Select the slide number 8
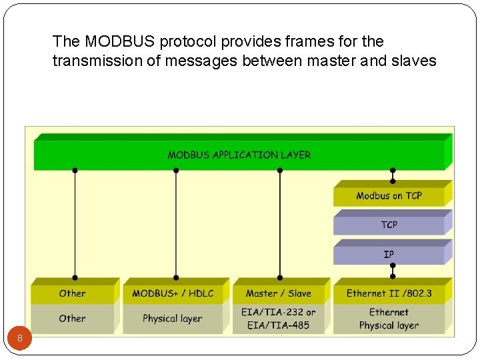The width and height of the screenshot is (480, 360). coord(20,339)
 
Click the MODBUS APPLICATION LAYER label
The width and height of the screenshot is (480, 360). coord(239,155)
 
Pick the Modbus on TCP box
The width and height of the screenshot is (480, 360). coord(389,196)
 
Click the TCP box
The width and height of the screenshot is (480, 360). coord(389,225)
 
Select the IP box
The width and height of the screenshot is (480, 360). coord(389,254)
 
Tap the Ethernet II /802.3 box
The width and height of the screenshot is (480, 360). coord(389,293)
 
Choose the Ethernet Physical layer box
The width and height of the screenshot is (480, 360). coord(389,319)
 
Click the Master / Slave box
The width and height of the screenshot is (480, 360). coord(278,293)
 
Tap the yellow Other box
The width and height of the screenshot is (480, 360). coord(72,293)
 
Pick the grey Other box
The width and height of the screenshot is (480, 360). coord(72,319)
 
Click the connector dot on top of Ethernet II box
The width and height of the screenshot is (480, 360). coord(393,277)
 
